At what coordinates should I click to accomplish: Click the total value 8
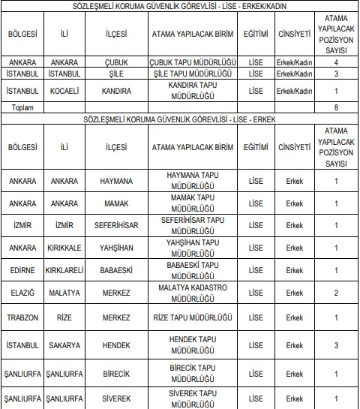335,108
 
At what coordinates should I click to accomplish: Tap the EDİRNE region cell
22,269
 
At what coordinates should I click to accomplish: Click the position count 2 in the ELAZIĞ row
335,292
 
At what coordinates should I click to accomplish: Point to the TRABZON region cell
22,317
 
